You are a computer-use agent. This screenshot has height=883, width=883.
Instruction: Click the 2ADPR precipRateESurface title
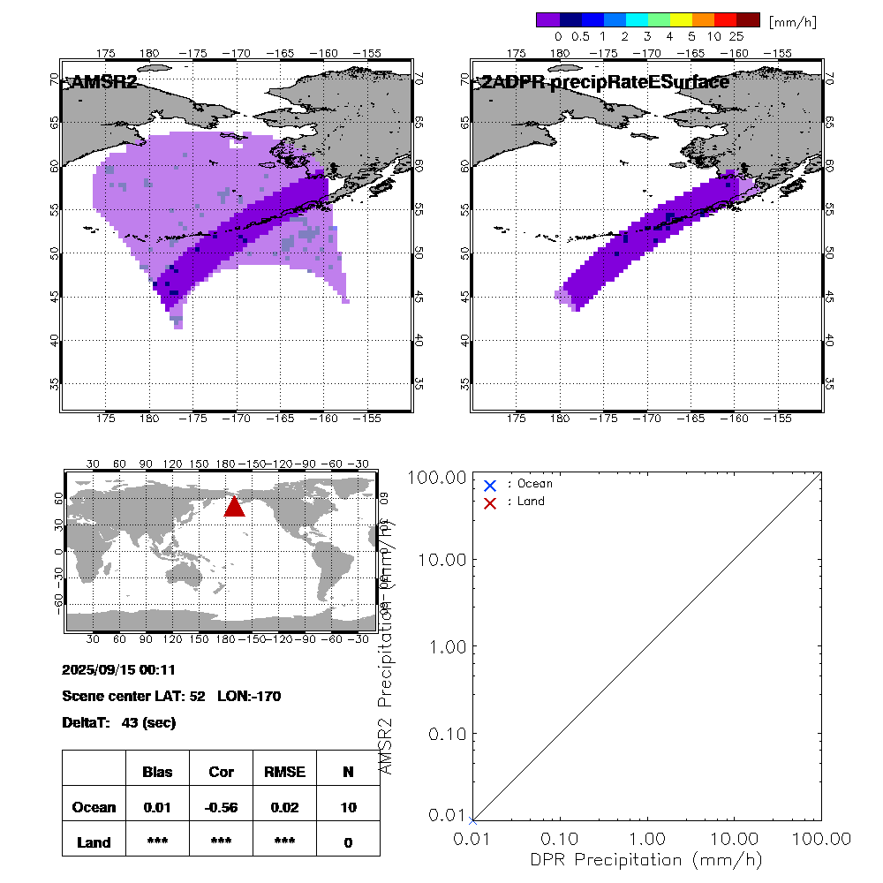click(x=604, y=82)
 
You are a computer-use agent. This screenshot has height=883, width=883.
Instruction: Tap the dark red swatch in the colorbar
click(x=748, y=19)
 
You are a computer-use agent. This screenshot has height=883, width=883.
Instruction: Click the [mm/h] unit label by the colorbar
click(x=793, y=21)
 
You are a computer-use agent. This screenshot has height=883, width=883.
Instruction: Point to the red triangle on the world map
click(x=234, y=506)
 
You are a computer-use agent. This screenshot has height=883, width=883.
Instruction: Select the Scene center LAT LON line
click(x=171, y=697)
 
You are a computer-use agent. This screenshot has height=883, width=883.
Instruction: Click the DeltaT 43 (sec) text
click(x=119, y=723)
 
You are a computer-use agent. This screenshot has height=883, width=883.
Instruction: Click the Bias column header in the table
click(x=157, y=772)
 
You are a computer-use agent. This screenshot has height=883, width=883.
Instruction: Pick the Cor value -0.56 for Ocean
click(x=221, y=807)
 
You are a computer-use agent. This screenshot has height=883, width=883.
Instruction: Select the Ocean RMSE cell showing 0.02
click(x=284, y=807)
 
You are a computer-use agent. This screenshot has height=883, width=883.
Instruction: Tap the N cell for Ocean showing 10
click(x=348, y=807)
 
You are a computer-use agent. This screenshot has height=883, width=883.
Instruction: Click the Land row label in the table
click(x=94, y=842)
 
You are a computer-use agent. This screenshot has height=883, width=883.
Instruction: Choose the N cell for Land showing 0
click(x=348, y=842)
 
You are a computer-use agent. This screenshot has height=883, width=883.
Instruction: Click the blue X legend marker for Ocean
click(x=490, y=485)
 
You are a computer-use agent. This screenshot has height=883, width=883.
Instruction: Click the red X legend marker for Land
click(x=490, y=502)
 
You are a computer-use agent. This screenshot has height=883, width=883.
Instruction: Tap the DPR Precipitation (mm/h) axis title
click(x=646, y=859)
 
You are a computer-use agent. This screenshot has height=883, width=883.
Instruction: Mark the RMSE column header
click(x=284, y=772)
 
